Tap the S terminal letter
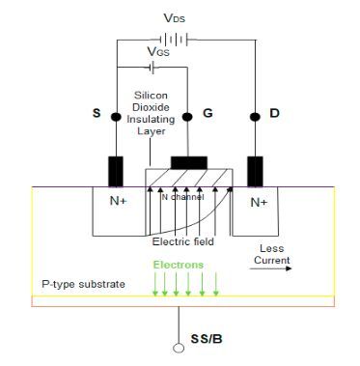tap(96, 114)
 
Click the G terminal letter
tap(208, 114)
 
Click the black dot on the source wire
tap(118, 116)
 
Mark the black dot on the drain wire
tap(256, 116)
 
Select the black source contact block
tap(117, 170)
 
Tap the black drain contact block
tap(256, 170)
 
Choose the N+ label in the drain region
tap(258, 203)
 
